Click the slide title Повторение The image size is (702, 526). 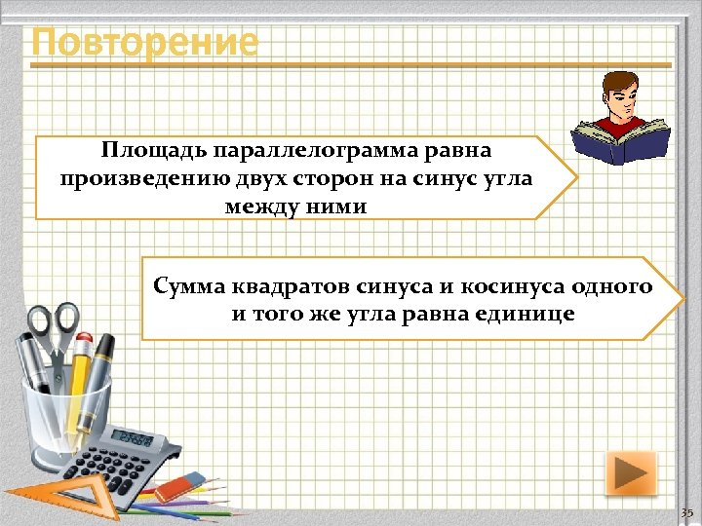click(x=144, y=44)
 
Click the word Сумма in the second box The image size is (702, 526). click(x=189, y=287)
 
